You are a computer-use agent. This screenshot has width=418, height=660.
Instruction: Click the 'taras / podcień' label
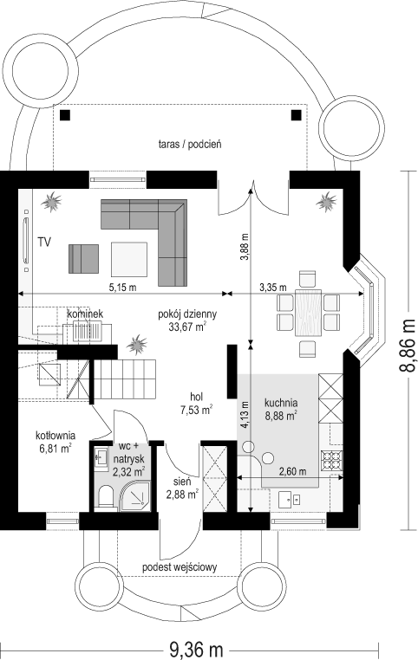coord(190,145)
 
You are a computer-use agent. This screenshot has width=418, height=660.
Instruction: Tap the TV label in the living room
coord(44,242)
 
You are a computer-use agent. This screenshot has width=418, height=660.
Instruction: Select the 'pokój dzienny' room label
coord(187,314)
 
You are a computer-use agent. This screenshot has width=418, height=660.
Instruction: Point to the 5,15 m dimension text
coord(122,288)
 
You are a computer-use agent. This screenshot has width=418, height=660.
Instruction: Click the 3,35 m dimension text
coord(272,288)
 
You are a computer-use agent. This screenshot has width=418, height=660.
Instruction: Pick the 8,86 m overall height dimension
coord(407,345)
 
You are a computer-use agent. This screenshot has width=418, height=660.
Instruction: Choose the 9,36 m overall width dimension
coord(196,650)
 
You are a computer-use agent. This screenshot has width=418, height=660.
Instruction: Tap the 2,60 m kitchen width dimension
coord(292,471)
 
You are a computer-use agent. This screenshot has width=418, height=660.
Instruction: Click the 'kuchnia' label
coord(281,403)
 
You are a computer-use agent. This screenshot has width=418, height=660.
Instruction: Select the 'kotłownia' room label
coord(56,435)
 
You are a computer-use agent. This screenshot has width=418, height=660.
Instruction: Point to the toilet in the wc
coord(105,497)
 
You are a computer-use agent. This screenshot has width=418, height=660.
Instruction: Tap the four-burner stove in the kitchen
coord(332,461)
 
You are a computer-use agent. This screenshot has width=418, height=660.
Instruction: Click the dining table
coord(308,312)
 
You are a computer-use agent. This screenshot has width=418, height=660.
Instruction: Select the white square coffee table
coord(129,259)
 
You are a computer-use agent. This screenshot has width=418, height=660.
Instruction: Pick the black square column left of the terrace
coord(65,114)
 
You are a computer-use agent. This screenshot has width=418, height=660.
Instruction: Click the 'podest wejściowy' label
coord(180,567)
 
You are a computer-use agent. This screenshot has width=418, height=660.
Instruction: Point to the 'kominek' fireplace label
coord(86,314)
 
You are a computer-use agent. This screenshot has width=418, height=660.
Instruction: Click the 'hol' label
coord(196,397)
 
